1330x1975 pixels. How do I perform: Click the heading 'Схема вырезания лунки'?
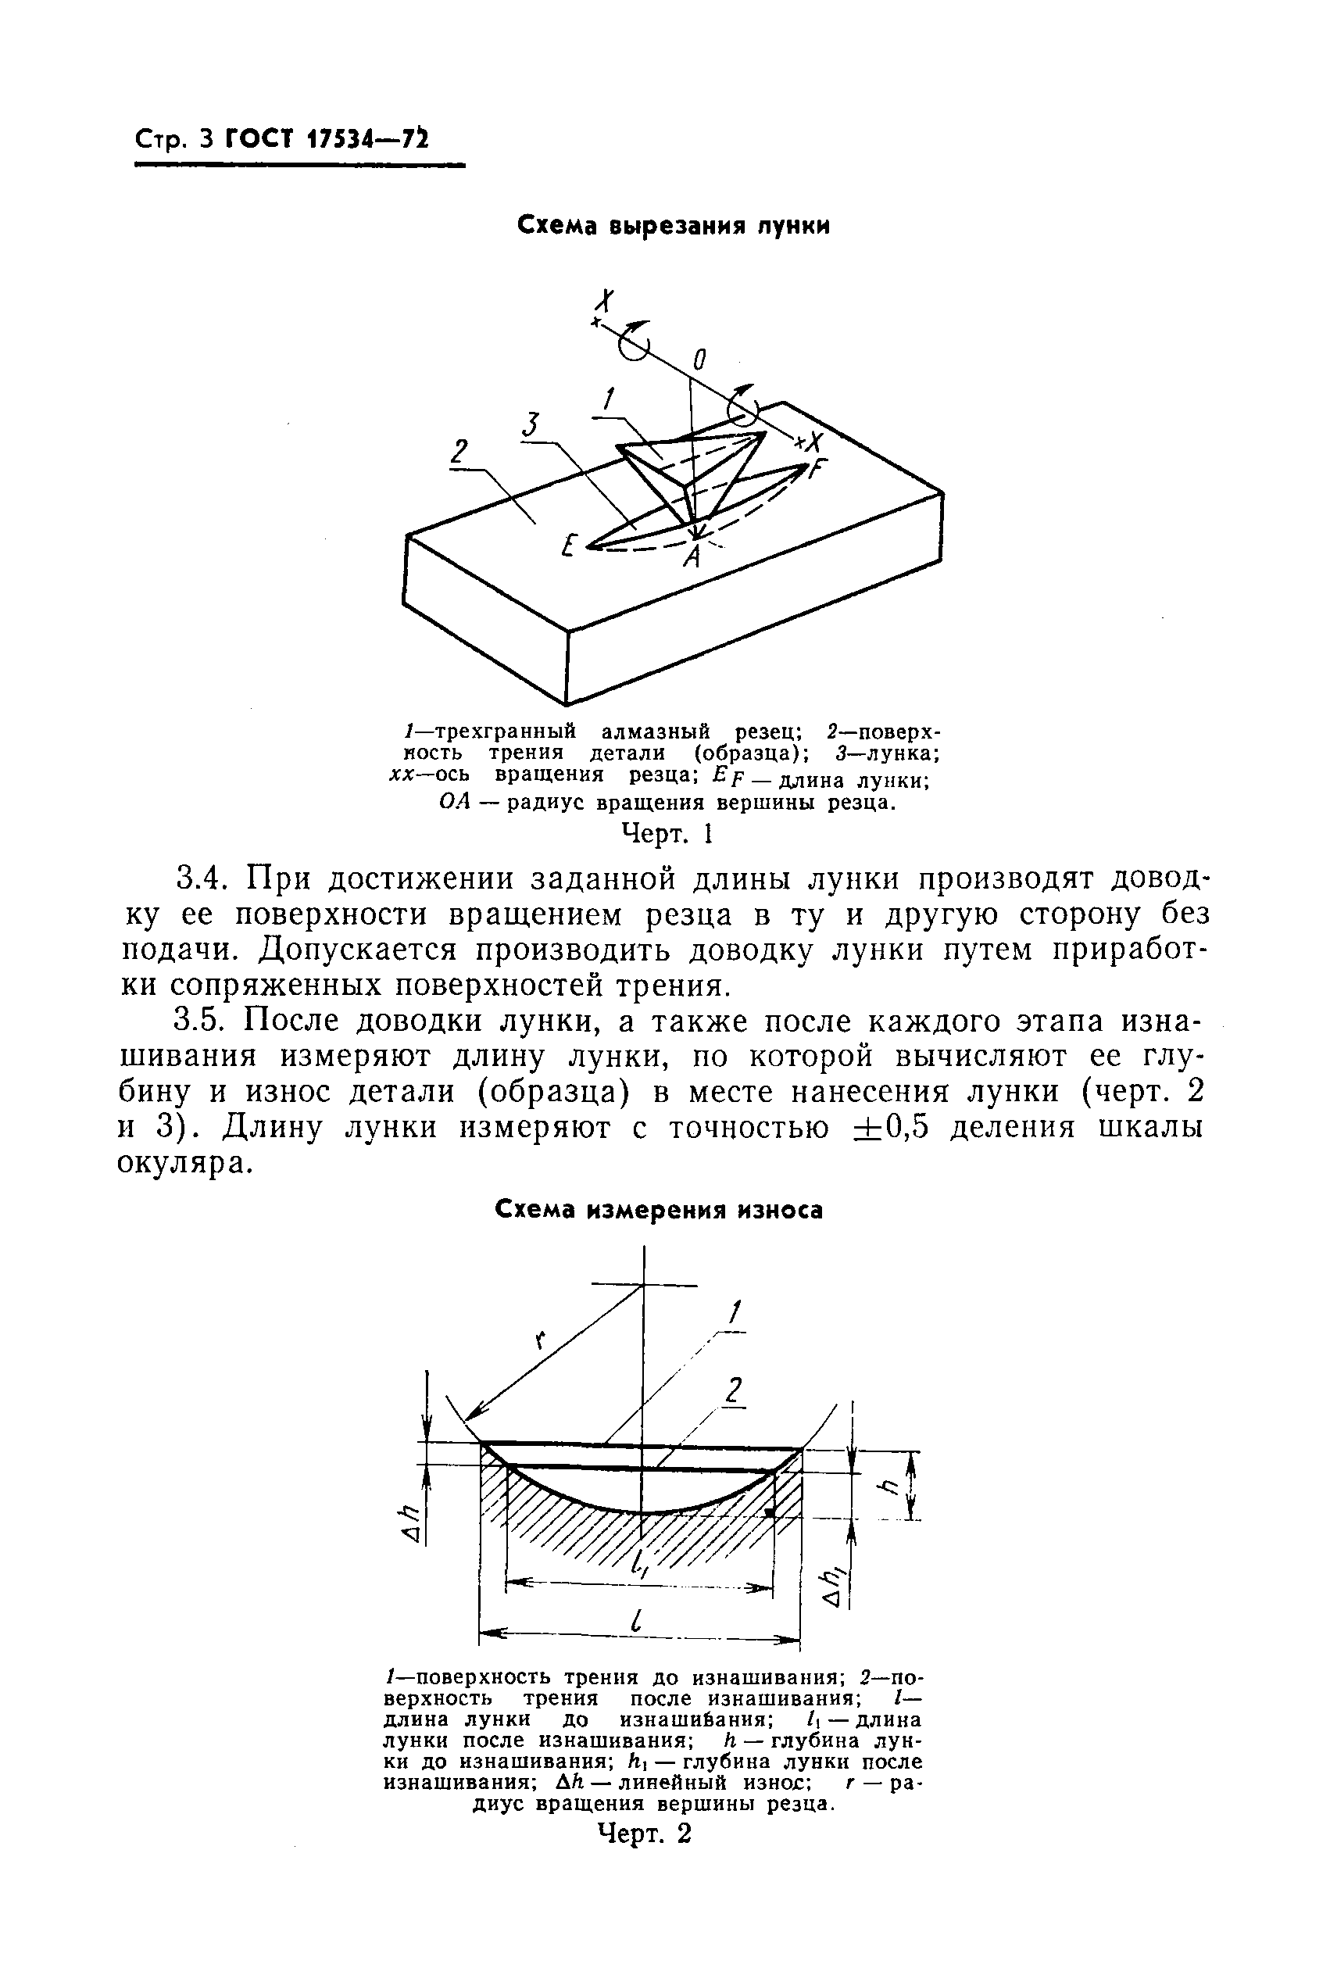(x=674, y=226)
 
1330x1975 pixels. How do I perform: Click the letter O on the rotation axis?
(x=698, y=360)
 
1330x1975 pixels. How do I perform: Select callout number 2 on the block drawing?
(x=459, y=453)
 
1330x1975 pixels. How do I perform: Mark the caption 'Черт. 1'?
(x=667, y=834)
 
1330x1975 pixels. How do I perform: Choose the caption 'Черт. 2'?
(x=645, y=1834)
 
